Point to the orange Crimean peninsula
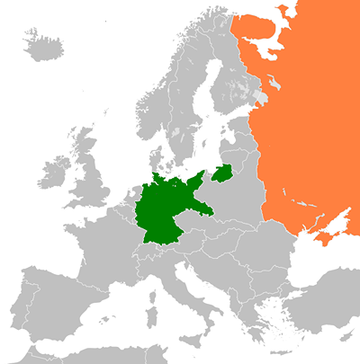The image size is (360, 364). pos(319,235)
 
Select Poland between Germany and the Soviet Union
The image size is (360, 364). pos(225,202)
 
